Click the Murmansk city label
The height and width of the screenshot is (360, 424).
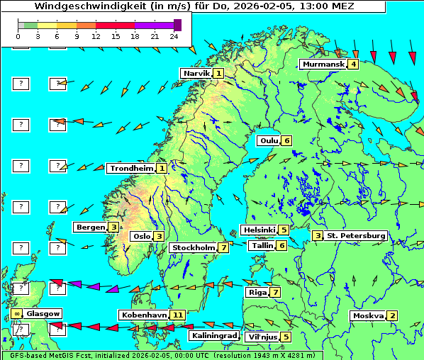323,64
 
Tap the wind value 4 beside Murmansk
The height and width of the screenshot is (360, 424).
352,64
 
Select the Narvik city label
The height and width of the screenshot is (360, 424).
196,74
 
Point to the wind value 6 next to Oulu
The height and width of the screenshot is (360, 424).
286,140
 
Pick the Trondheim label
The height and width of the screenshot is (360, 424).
131,169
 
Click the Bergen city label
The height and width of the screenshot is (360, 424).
90,227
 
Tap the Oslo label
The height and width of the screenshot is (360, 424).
141,237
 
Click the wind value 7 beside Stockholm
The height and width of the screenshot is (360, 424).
223,248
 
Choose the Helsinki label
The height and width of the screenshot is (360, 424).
259,230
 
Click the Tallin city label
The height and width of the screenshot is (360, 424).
262,246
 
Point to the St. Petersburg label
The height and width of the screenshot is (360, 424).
355,236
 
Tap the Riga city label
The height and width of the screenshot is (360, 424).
256,292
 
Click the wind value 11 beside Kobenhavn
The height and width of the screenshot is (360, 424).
177,315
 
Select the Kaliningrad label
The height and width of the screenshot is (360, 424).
214,335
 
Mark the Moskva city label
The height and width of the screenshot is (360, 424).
368,316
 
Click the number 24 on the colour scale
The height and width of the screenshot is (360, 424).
173,35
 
